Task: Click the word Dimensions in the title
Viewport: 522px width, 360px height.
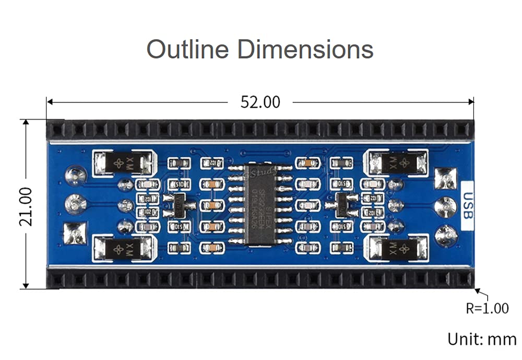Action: [x=305, y=49]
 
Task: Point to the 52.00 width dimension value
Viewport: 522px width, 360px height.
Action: [x=260, y=102]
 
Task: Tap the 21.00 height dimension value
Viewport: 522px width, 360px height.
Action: [x=26, y=206]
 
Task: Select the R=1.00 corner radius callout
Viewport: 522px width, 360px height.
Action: [x=487, y=308]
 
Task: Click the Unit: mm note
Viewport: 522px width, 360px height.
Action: [x=481, y=339]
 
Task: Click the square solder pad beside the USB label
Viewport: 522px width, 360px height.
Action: [x=445, y=179]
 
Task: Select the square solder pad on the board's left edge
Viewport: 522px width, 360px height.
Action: [x=74, y=233]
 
